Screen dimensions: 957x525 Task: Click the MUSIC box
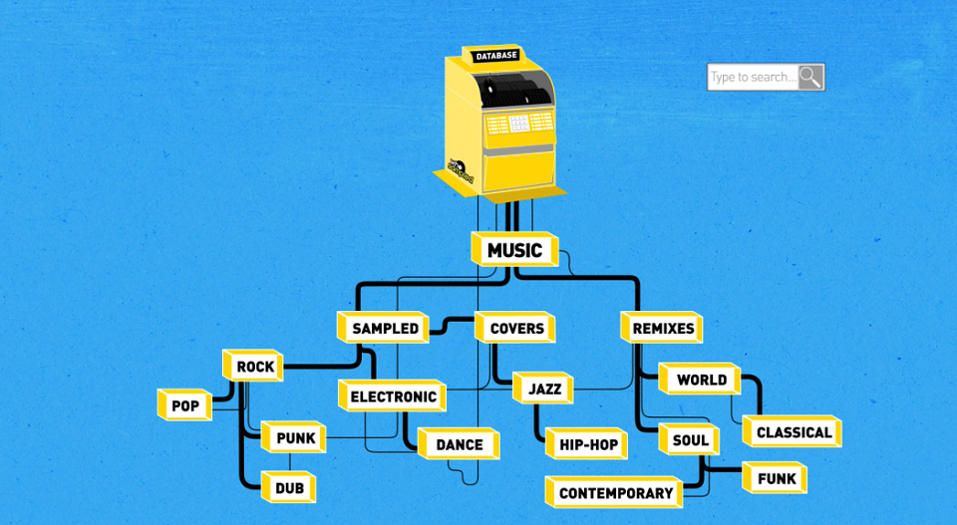tap(515, 249)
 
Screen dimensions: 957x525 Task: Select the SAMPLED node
tap(383, 328)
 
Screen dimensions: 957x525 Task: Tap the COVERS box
tap(515, 328)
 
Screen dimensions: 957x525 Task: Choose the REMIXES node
tap(662, 328)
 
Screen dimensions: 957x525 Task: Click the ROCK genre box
tap(252, 366)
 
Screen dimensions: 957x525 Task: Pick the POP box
tap(184, 405)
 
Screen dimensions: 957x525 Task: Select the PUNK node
tap(293, 437)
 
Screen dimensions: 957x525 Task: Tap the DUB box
tap(288, 487)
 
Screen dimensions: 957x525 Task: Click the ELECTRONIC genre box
tap(392, 396)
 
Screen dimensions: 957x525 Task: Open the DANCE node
tap(459, 444)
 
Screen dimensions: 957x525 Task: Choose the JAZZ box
tap(542, 389)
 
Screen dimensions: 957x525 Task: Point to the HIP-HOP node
tap(586, 444)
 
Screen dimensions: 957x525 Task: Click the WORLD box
tap(700, 380)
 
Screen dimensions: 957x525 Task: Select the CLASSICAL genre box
tap(793, 431)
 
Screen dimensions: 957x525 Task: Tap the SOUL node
tap(689, 439)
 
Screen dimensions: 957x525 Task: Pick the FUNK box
tap(775, 478)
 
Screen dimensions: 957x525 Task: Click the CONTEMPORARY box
tap(614, 492)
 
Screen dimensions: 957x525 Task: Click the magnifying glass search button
tap(811, 77)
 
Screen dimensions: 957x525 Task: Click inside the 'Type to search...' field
tap(753, 77)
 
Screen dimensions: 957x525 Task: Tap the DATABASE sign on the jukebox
tap(496, 56)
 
